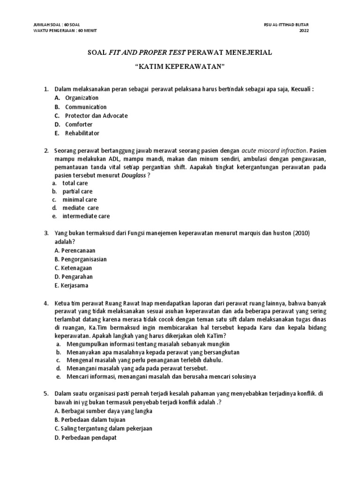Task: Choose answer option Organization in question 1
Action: pos(82,97)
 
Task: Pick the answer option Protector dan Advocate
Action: pos(96,115)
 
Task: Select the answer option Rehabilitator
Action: pos(82,133)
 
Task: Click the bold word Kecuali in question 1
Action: pos(300,89)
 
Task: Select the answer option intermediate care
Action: pos(86,216)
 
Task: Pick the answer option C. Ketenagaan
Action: pos(73,268)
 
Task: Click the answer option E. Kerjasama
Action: pos(71,285)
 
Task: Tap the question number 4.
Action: pos(47,303)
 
